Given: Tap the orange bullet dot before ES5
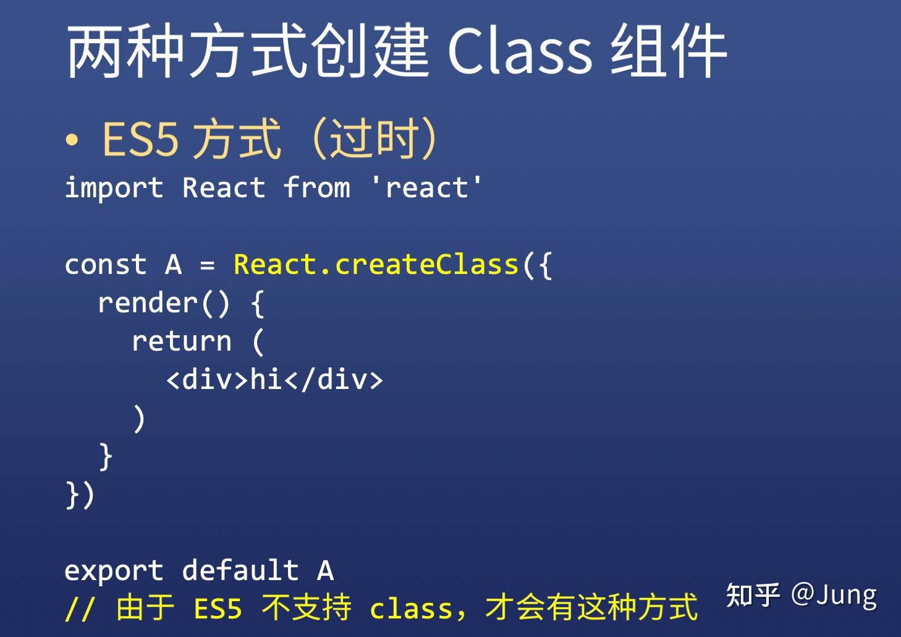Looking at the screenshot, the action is (x=72, y=140).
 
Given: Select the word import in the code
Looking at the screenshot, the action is (x=114, y=188).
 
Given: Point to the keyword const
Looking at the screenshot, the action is (x=106, y=265).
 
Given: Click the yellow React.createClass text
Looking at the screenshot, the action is (x=376, y=265).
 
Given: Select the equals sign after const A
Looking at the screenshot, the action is (x=208, y=265).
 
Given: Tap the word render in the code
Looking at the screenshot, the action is (x=148, y=302).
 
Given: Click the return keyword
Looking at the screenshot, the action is (x=182, y=341).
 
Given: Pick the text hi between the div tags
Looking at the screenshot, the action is (x=266, y=379).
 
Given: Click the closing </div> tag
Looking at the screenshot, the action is (x=333, y=379).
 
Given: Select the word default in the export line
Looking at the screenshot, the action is (x=240, y=570).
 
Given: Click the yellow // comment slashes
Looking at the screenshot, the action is (x=80, y=609).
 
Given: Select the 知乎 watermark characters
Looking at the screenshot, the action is (x=753, y=595).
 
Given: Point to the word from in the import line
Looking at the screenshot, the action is (x=317, y=187).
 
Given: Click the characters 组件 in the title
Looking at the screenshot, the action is (x=669, y=51).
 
